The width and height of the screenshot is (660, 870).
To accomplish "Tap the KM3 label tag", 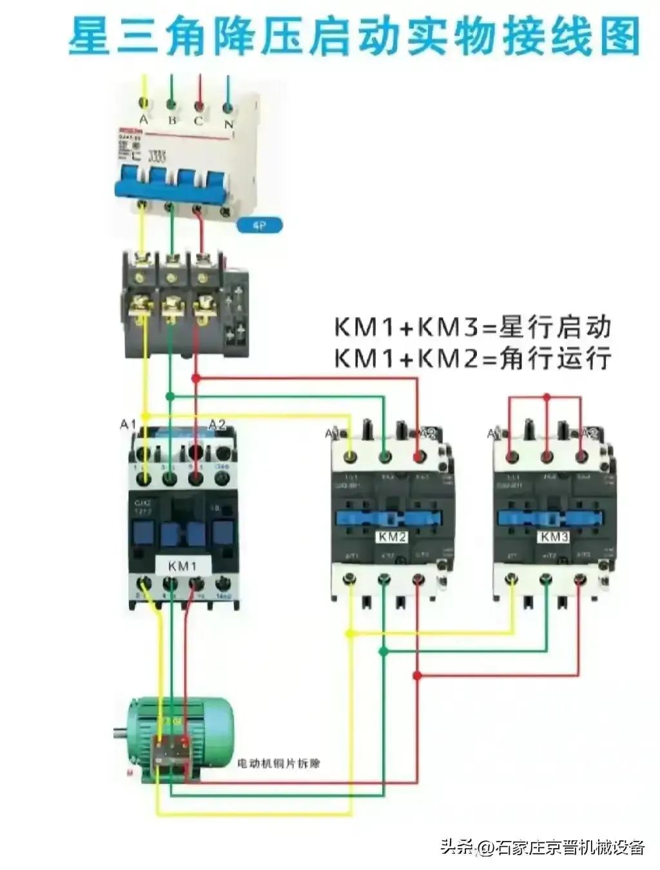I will pyautogui.click(x=554, y=537).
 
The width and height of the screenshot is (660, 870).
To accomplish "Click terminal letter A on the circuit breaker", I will pyautogui.click(x=144, y=120).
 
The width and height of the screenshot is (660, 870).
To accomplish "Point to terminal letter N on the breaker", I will pyautogui.click(x=228, y=123).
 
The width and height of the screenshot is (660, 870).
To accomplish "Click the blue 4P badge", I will pyautogui.click(x=260, y=225).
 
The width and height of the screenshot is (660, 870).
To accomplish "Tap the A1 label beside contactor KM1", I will pyautogui.click(x=128, y=424).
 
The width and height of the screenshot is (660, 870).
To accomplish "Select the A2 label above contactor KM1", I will pyautogui.click(x=217, y=424).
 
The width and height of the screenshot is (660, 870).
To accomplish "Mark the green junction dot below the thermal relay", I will pyautogui.click(x=170, y=396).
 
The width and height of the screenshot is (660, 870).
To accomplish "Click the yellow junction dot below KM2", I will pyautogui.click(x=349, y=633).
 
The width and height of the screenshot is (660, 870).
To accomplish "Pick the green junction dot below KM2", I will pyautogui.click(x=383, y=652).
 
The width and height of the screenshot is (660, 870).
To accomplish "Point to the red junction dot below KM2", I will pyautogui.click(x=418, y=675).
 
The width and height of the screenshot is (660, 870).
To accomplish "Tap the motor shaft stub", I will pyautogui.click(x=120, y=731).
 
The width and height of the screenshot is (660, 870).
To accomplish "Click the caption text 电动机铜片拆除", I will pyautogui.click(x=278, y=764).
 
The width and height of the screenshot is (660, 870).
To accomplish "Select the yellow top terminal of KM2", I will pyautogui.click(x=350, y=457).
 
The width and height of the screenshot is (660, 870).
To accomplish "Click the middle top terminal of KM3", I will pyautogui.click(x=547, y=457).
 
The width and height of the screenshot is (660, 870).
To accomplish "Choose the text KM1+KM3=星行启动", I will pyautogui.click(x=472, y=327).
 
